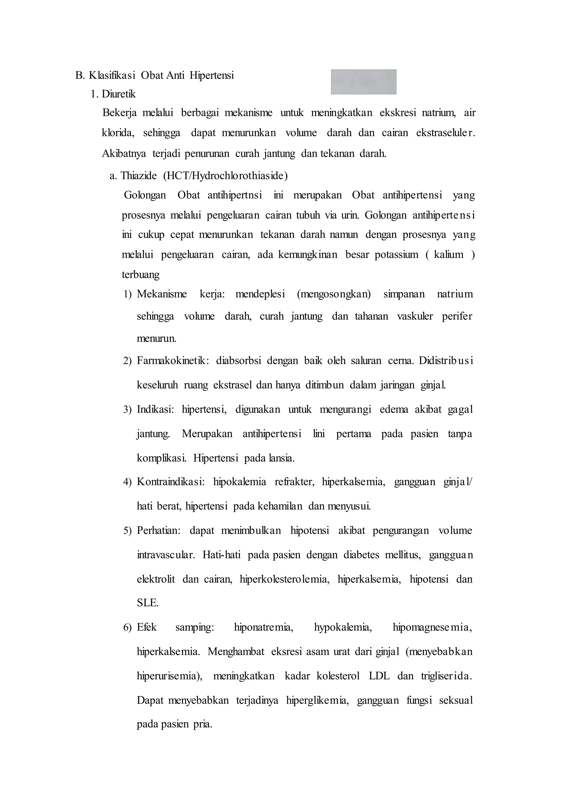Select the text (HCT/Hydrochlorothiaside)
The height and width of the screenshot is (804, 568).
point(225,175)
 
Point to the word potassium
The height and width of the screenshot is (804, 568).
point(396,254)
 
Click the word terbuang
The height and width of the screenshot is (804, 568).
point(141,275)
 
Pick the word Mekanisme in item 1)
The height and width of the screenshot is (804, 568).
point(162,294)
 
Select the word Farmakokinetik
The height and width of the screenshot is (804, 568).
point(172,361)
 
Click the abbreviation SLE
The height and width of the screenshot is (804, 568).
point(148,603)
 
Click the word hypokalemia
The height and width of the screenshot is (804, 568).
point(343,627)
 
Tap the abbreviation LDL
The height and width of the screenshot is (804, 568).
point(379,676)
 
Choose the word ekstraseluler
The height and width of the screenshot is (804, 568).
point(446,133)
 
